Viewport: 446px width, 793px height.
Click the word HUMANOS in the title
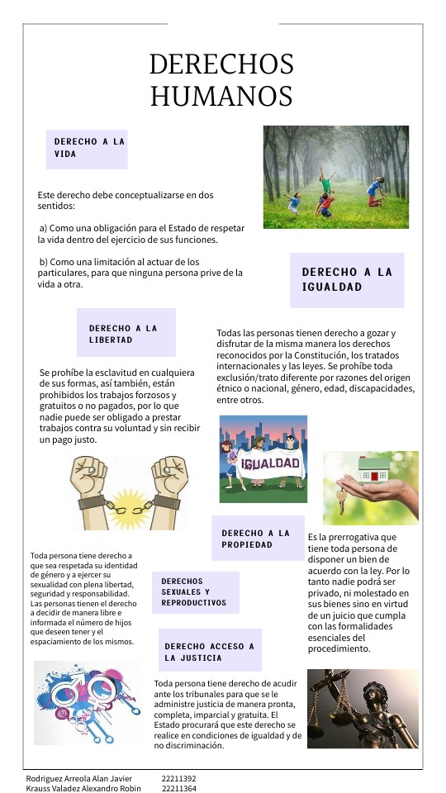click(221, 95)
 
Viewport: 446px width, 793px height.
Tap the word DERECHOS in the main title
click(221, 64)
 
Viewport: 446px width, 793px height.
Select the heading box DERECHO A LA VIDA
click(87, 148)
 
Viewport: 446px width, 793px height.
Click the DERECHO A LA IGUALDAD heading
click(347, 279)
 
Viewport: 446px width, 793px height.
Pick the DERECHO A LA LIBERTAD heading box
click(126, 333)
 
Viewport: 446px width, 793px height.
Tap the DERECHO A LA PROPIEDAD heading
click(258, 539)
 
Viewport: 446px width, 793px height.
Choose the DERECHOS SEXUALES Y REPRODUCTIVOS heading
click(195, 591)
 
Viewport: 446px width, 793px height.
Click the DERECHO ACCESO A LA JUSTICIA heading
click(210, 652)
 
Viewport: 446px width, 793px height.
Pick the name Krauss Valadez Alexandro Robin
click(84, 788)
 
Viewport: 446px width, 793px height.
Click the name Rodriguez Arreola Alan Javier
click(78, 778)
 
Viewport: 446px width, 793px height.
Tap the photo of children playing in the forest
click(335, 165)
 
